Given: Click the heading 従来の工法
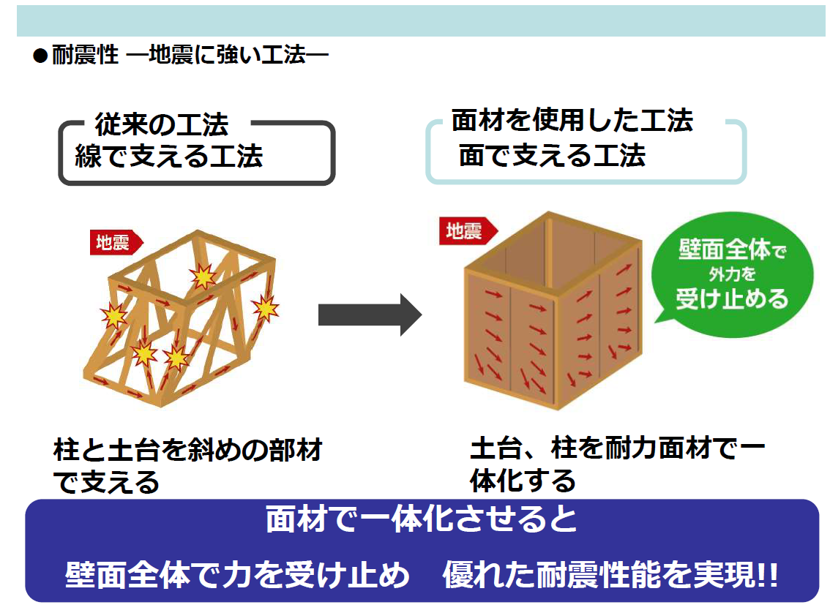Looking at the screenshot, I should coord(162,126).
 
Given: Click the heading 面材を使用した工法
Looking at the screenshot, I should coord(572,121).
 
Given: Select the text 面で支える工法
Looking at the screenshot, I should coord(552,155).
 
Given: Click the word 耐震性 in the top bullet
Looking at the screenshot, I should coord(86,56).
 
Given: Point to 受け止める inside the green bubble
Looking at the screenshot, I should coord(732,298).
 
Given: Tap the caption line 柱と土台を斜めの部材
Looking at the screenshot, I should coord(188,450).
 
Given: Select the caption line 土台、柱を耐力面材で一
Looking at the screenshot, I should coord(617,448).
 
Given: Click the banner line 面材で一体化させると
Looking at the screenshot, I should coord(421,520).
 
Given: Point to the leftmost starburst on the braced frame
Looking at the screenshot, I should coord(113,317).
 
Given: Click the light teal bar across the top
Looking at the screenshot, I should coord(421,21).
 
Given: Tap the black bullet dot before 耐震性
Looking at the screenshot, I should coord(40,56).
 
